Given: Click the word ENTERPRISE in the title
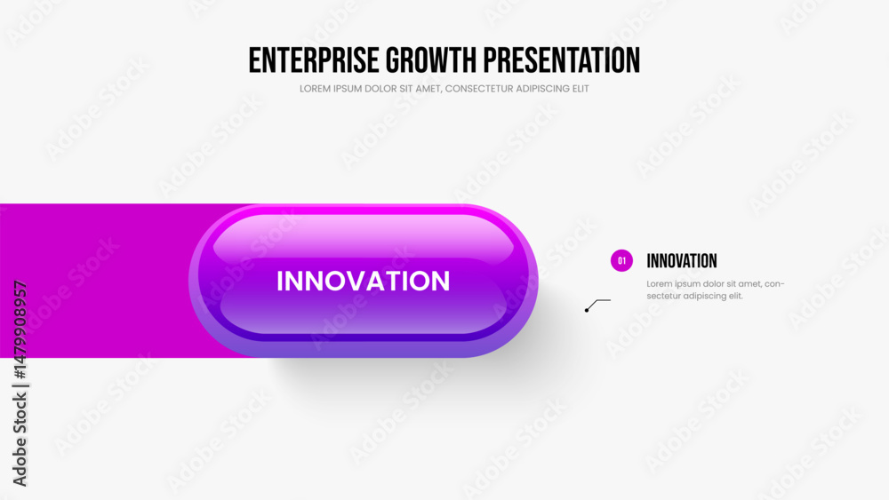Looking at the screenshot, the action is [x=314, y=60].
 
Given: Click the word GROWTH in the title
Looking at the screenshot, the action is [x=431, y=60].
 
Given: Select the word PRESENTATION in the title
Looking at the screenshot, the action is [x=561, y=60].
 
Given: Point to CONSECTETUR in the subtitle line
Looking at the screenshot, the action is [x=478, y=89].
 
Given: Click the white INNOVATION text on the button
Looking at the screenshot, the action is [x=364, y=281].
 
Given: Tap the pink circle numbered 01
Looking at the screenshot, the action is [x=621, y=260].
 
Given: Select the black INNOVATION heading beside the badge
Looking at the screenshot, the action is [x=682, y=261].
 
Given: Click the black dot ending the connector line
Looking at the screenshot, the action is [x=587, y=310].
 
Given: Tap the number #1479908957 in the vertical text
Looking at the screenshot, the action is [x=20, y=329].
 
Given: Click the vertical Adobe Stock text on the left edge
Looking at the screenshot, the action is [x=20, y=440].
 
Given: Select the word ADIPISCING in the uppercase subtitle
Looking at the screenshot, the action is [x=542, y=89].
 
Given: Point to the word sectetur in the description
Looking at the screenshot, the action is [x=663, y=296].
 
